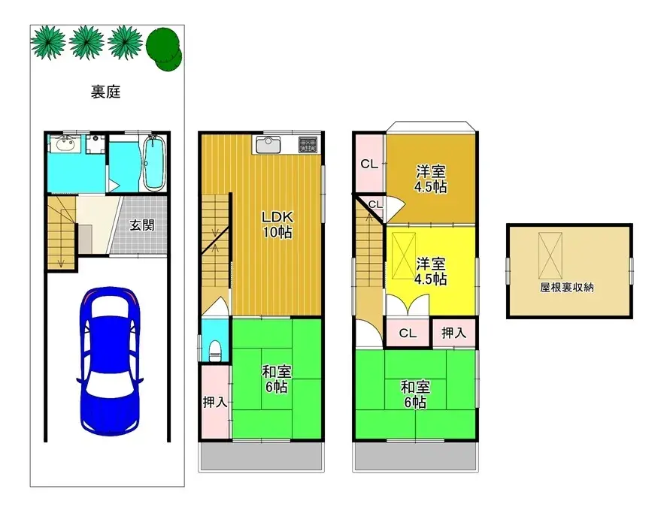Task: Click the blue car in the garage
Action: pos(110,361)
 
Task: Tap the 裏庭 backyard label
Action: pos(106,92)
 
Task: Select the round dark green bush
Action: pos(164,49)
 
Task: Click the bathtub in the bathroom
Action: pos(153,163)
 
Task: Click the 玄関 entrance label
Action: pos(142,225)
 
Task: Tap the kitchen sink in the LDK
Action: pos(268,146)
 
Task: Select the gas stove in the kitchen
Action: pos(308,144)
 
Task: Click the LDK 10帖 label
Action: pos(277,225)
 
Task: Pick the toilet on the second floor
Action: pos(215,351)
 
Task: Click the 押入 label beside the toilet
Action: pos(215,402)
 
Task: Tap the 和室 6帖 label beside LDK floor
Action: pos(277,379)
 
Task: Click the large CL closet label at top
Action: pos(369,164)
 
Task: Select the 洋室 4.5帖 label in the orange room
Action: pos(431,180)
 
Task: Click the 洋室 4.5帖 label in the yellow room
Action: pos(431,271)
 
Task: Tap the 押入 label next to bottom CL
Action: pos(454,333)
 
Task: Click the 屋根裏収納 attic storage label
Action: pos(566,288)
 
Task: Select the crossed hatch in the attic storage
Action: pos(550,255)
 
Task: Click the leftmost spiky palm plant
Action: pos(48,42)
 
